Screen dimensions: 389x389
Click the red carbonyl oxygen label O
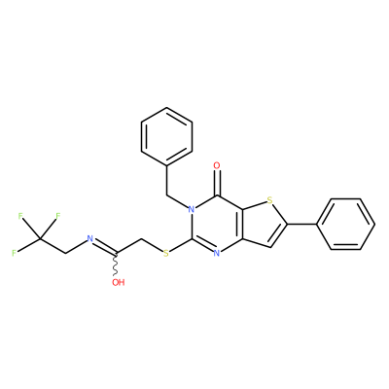coord(217,165)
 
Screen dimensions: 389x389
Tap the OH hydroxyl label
coord(119,282)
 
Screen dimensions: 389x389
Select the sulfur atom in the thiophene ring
coord(269,200)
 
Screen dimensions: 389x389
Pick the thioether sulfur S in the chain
coord(166,253)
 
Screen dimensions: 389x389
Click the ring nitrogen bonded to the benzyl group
coord(192,209)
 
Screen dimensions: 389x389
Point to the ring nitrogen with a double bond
coord(217,253)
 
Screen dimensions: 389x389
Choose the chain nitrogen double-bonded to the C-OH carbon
coord(90,239)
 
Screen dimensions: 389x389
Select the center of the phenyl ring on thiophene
coord(346,224)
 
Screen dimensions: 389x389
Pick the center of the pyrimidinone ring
coord(217,224)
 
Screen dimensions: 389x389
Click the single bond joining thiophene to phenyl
coord(302,224)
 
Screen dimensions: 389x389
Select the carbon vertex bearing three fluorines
coord(40,239)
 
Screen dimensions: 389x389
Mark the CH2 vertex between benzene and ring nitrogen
coord(166,195)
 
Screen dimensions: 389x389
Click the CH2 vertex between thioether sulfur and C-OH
coord(141,239)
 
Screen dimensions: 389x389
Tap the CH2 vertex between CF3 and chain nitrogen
coord(65,253)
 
